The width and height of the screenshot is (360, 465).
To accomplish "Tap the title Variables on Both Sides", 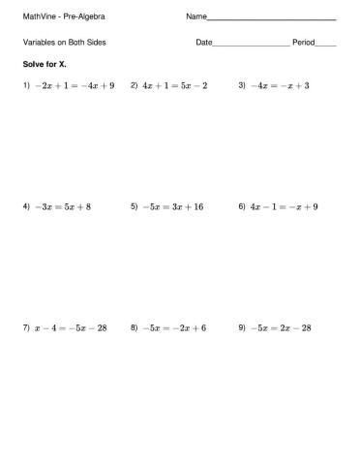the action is tap(64, 43).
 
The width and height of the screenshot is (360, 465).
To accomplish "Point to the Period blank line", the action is tap(325, 45).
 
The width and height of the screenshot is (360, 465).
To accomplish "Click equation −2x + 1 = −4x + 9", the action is tap(75, 85).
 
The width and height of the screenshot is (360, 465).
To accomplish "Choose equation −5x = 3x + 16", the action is tap(172, 206).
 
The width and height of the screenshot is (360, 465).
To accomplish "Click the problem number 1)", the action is tap(26, 85).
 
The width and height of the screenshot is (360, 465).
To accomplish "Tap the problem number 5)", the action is tap(134, 206).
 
